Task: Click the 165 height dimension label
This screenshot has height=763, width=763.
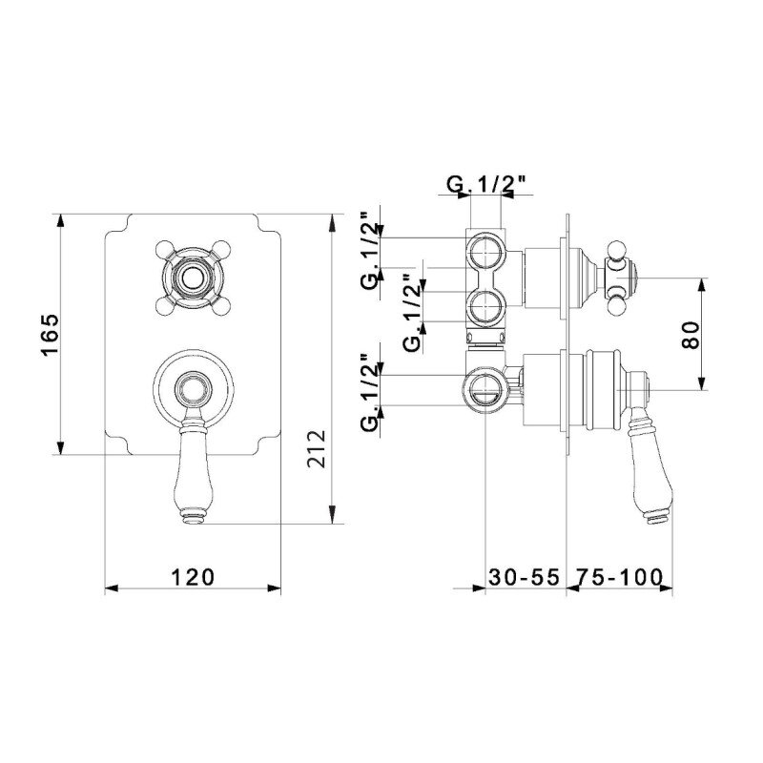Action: tap(51, 335)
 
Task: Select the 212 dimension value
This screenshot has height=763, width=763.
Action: tap(317, 448)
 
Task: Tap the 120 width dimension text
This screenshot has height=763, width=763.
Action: tap(193, 577)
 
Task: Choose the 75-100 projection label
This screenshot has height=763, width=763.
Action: tap(619, 577)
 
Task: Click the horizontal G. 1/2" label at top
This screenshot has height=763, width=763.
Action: tap(486, 184)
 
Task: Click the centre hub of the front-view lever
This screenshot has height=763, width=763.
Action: tap(194, 389)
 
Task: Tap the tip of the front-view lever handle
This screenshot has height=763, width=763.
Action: tap(194, 519)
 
